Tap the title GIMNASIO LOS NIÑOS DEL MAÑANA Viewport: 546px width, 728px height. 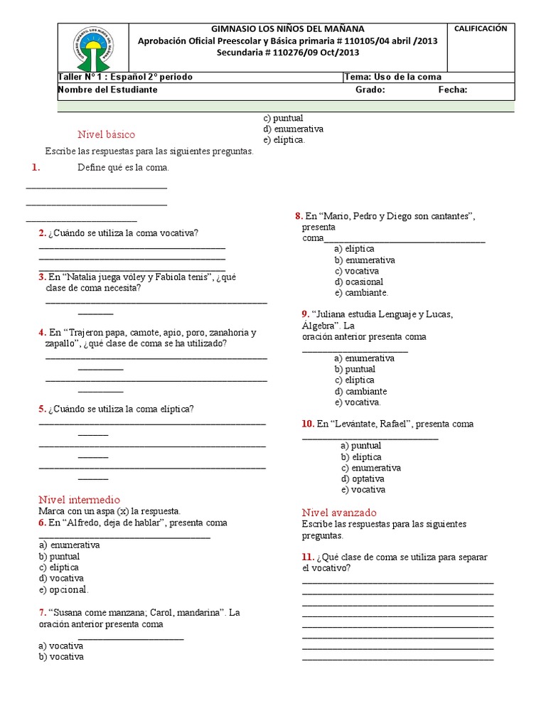288,29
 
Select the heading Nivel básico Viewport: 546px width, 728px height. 106,134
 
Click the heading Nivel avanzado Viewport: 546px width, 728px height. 339,513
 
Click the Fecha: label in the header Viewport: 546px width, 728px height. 452,90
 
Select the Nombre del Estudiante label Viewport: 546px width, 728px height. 107,90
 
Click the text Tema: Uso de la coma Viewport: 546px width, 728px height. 393,77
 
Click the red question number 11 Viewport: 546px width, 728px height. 307,557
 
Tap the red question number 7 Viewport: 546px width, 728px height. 43,613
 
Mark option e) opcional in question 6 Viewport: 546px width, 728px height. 64,590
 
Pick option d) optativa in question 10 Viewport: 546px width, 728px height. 363,479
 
